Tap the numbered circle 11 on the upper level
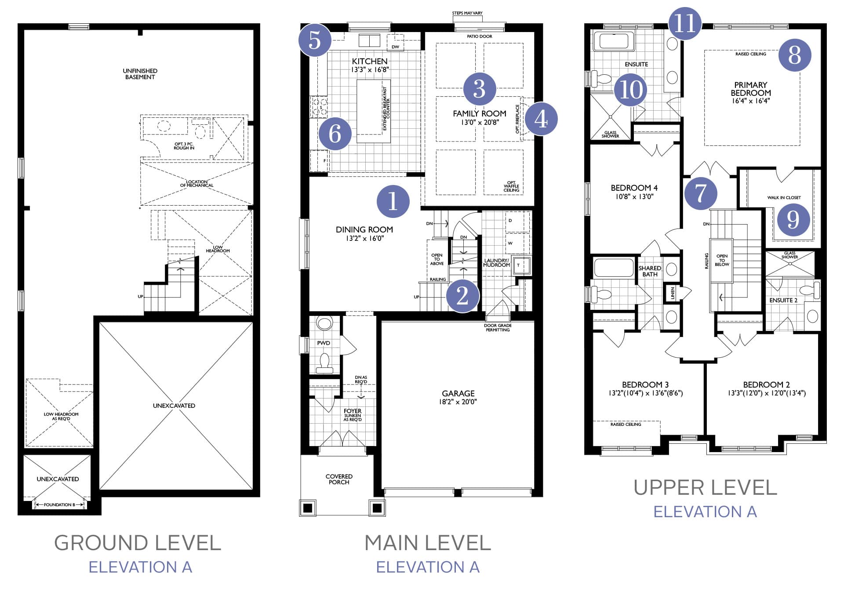[x=685, y=23]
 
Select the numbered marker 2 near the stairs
[x=462, y=296]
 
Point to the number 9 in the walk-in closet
[x=793, y=219]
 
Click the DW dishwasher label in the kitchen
[x=396, y=47]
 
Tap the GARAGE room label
[x=458, y=393]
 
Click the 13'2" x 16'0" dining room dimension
[x=364, y=239]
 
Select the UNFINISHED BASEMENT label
[x=140, y=74]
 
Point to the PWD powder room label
[x=324, y=343]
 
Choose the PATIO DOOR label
[x=480, y=36]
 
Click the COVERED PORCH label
[x=339, y=479]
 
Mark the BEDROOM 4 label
[x=634, y=188]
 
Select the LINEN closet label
[x=673, y=293]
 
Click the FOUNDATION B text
[x=59, y=505]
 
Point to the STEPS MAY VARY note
[x=467, y=13]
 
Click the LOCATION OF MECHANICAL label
[x=196, y=184]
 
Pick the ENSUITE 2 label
[x=783, y=301]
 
